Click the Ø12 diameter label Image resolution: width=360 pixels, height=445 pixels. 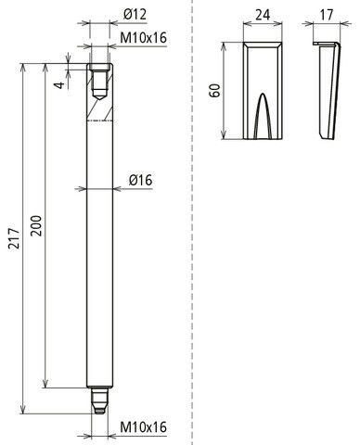pyautogui.click(x=135, y=15)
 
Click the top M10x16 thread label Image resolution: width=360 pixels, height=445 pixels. pyautogui.click(x=144, y=38)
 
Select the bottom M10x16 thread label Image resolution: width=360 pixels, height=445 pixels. pyautogui.click(x=144, y=427)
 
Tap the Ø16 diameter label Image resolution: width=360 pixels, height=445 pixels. pyautogui.click(x=141, y=180)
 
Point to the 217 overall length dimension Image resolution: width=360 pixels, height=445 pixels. pyautogui.click(x=14, y=238)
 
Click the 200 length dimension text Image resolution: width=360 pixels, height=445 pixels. pyautogui.click(x=36, y=226)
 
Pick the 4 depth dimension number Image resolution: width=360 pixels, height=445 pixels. pyautogui.click(x=61, y=84)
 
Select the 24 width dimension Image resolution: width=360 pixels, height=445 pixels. pyautogui.click(x=263, y=15)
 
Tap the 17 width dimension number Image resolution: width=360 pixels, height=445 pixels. pyautogui.click(x=327, y=15)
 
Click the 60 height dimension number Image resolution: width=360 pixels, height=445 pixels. pyautogui.click(x=214, y=90)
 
